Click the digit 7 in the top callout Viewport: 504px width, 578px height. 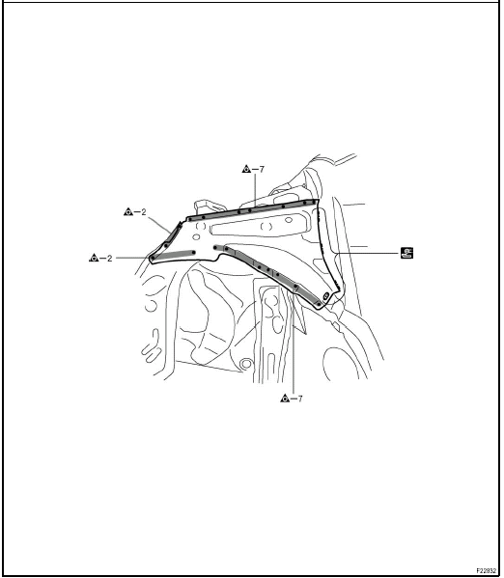pyautogui.click(x=262, y=170)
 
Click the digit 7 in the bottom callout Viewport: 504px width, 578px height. pyautogui.click(x=300, y=399)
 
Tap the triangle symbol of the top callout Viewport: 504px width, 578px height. pyautogui.click(x=246, y=169)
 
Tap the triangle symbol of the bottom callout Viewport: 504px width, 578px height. pyautogui.click(x=285, y=399)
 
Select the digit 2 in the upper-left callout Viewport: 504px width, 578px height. pyautogui.click(x=144, y=212)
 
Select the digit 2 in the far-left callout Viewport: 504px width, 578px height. pyautogui.click(x=109, y=258)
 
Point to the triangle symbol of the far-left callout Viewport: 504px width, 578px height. pyautogui.click(x=94, y=258)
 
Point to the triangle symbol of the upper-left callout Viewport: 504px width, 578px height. pyautogui.click(x=128, y=211)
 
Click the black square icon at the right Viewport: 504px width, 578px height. pyautogui.click(x=406, y=253)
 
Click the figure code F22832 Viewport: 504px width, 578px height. pyautogui.click(x=486, y=570)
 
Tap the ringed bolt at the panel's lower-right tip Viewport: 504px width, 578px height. pyautogui.click(x=325, y=295)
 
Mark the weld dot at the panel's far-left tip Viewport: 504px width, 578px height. pyautogui.click(x=152, y=258)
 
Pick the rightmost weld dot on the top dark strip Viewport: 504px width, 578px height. pyautogui.click(x=314, y=202)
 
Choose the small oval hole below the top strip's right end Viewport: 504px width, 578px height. pyautogui.click(x=289, y=220)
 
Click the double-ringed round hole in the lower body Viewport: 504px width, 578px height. pyautogui.click(x=246, y=364)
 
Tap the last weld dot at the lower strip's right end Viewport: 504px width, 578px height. pyautogui.click(x=319, y=304)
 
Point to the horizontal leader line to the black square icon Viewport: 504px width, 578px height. pyautogui.click(x=369, y=253)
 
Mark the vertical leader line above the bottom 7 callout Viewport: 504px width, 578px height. pyautogui.click(x=294, y=344)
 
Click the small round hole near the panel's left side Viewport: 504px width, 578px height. pyautogui.click(x=196, y=236)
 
